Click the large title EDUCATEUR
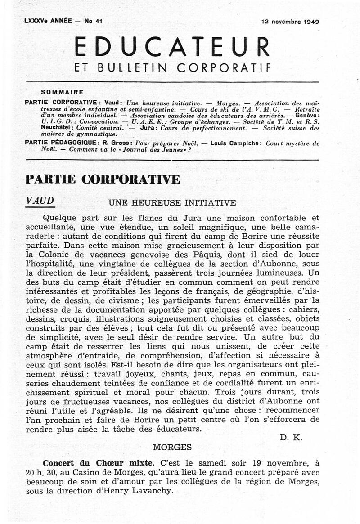tap(172, 46)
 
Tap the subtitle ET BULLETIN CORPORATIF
tap(172, 68)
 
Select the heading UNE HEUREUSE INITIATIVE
tap(172, 202)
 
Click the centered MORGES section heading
tap(172, 447)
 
